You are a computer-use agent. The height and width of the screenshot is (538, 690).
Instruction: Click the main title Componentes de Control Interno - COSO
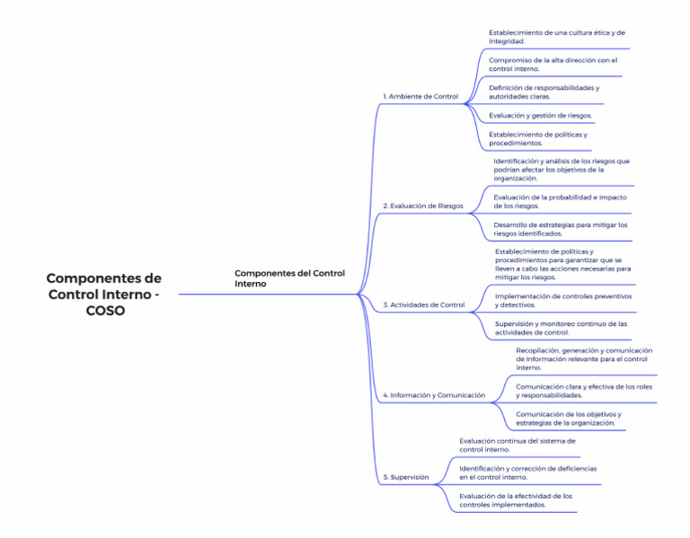(103, 294)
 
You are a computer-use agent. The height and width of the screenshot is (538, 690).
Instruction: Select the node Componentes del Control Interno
(289, 278)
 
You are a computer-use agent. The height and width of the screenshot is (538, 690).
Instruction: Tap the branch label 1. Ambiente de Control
(420, 96)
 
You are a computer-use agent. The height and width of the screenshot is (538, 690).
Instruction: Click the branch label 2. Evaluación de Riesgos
(423, 206)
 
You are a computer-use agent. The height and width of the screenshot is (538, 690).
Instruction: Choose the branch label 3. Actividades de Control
(424, 304)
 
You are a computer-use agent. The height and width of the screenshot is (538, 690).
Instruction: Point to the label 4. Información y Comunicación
(434, 394)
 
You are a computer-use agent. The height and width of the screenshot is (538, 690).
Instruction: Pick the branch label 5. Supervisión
(406, 477)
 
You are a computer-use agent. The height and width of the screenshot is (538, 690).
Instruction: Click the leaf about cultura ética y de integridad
(556, 37)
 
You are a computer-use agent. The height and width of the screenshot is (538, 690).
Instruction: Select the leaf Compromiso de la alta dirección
(553, 64)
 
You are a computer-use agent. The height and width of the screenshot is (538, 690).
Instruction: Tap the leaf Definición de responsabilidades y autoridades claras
(544, 92)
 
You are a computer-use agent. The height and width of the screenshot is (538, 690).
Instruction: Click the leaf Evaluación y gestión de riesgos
(540, 116)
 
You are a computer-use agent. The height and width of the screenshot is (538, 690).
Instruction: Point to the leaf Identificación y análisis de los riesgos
(562, 169)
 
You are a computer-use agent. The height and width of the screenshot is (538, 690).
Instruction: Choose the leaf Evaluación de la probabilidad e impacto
(560, 201)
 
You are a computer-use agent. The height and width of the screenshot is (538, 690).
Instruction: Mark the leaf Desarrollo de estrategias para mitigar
(560, 229)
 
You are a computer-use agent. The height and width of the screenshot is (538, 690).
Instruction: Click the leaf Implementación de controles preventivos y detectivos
(562, 300)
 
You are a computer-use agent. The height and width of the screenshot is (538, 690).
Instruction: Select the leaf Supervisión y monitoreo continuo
(561, 328)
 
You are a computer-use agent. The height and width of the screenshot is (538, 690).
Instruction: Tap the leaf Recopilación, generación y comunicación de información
(583, 358)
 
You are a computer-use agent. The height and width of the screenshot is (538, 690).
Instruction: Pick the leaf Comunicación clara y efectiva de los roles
(583, 391)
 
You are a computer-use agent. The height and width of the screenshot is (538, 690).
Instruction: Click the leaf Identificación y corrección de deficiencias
(527, 472)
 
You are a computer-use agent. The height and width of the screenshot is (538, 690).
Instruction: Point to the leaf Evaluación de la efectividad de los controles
(516, 500)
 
